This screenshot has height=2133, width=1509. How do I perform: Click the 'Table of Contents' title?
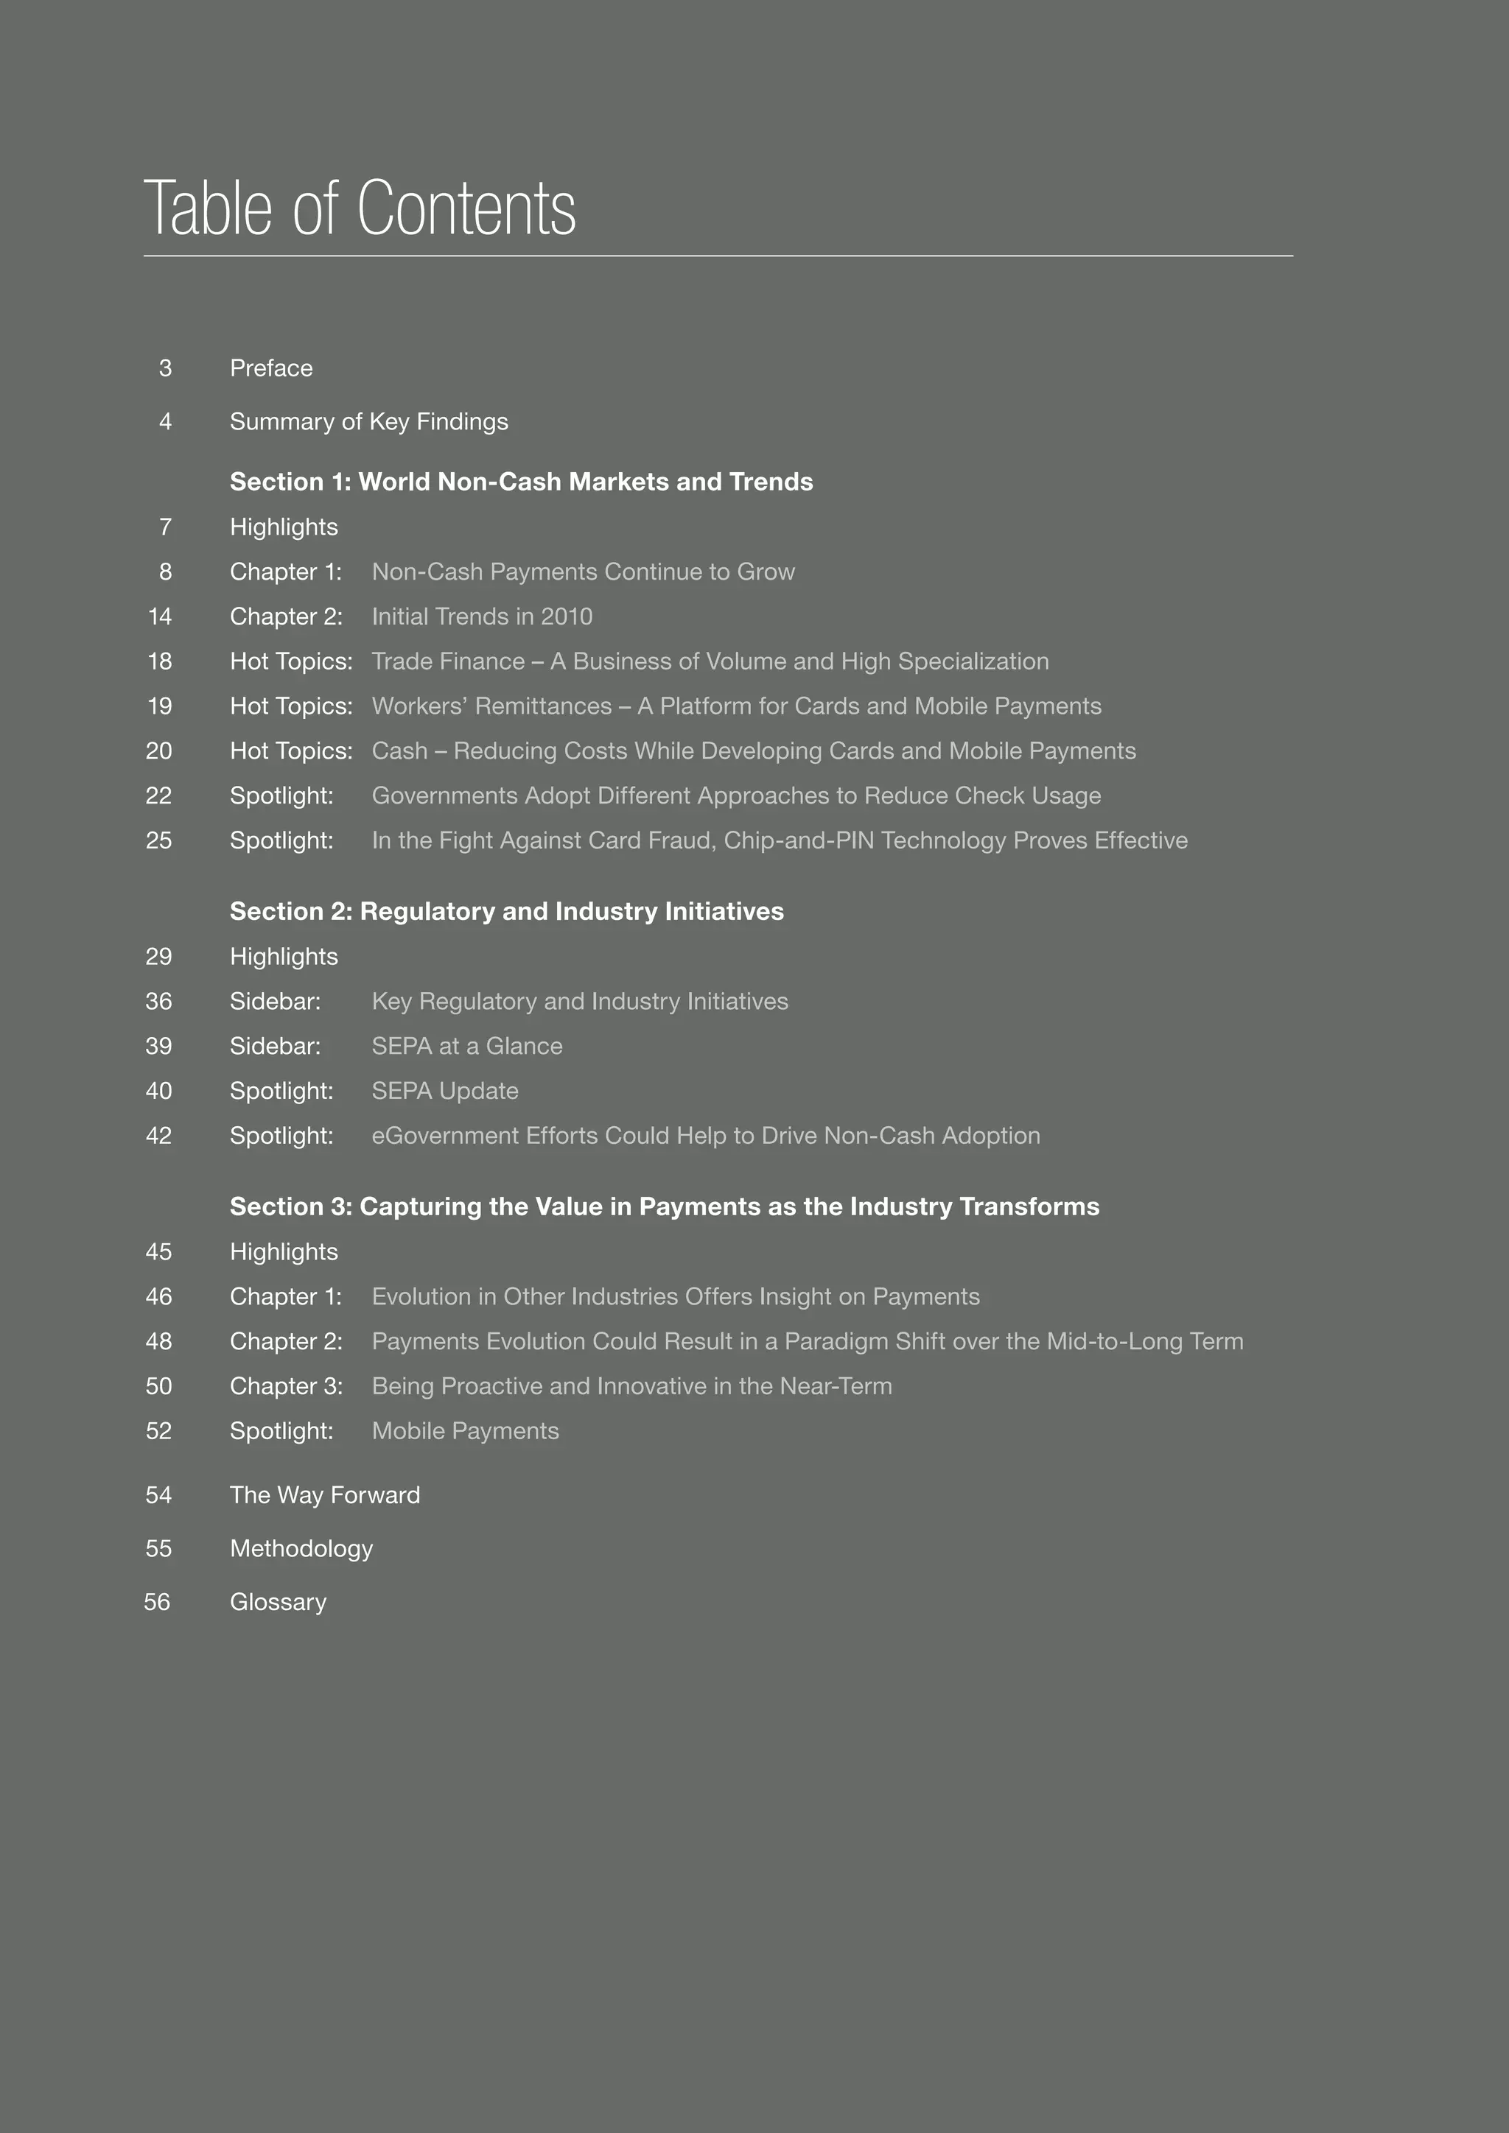tap(360, 208)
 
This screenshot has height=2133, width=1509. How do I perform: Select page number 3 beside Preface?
tap(165, 369)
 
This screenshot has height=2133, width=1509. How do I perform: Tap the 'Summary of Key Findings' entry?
tap(369, 422)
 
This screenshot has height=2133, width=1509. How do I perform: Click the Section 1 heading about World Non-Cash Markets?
tap(521, 481)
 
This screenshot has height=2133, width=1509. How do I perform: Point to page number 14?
tap(160, 617)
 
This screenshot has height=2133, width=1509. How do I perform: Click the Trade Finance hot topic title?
tap(710, 661)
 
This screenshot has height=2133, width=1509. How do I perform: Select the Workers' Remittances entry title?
tap(736, 706)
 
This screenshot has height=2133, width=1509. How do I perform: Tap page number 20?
tap(159, 751)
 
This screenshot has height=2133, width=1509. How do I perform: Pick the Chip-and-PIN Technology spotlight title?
tap(780, 840)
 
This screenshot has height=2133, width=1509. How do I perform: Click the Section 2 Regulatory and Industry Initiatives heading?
tap(506, 911)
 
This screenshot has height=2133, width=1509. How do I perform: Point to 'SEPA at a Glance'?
tap(466, 1046)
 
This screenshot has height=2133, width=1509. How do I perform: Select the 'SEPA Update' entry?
tap(445, 1091)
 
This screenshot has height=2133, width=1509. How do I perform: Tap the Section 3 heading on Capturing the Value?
tap(665, 1206)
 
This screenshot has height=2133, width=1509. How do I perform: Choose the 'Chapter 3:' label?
tap(286, 1386)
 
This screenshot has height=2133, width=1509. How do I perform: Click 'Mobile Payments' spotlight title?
tap(465, 1430)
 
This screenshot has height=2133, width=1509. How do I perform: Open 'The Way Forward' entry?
tap(325, 1494)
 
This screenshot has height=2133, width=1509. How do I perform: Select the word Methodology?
tap(301, 1549)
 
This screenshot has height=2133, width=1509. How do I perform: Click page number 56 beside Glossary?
tap(157, 1603)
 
